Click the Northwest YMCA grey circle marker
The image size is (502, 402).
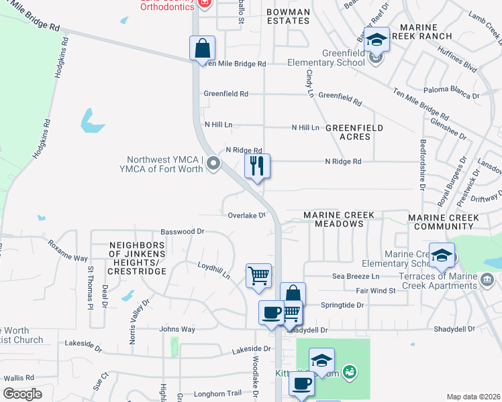[x=213, y=163]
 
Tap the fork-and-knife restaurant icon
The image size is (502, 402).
[x=256, y=166]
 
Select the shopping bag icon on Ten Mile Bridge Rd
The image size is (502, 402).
[x=202, y=48]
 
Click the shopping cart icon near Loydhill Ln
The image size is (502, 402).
[x=259, y=275]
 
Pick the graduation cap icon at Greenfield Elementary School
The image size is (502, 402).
[x=376, y=40]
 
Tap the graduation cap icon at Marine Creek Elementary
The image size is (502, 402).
[x=442, y=256]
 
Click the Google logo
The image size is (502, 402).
[x=22, y=394]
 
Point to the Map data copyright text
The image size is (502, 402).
[x=472, y=397]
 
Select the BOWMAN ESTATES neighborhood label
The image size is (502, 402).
[x=288, y=16]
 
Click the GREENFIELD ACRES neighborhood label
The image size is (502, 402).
[x=354, y=132]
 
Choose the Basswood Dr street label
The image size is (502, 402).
[x=183, y=231]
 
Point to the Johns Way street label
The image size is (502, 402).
[x=177, y=329]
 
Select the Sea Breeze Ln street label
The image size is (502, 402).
[x=356, y=276]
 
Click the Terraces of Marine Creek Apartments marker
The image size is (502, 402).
[x=487, y=279]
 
